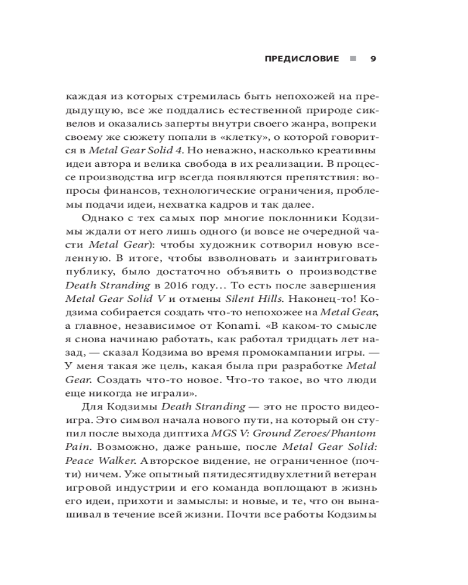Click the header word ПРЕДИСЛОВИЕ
coord(302,59)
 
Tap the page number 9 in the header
coord(373,59)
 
